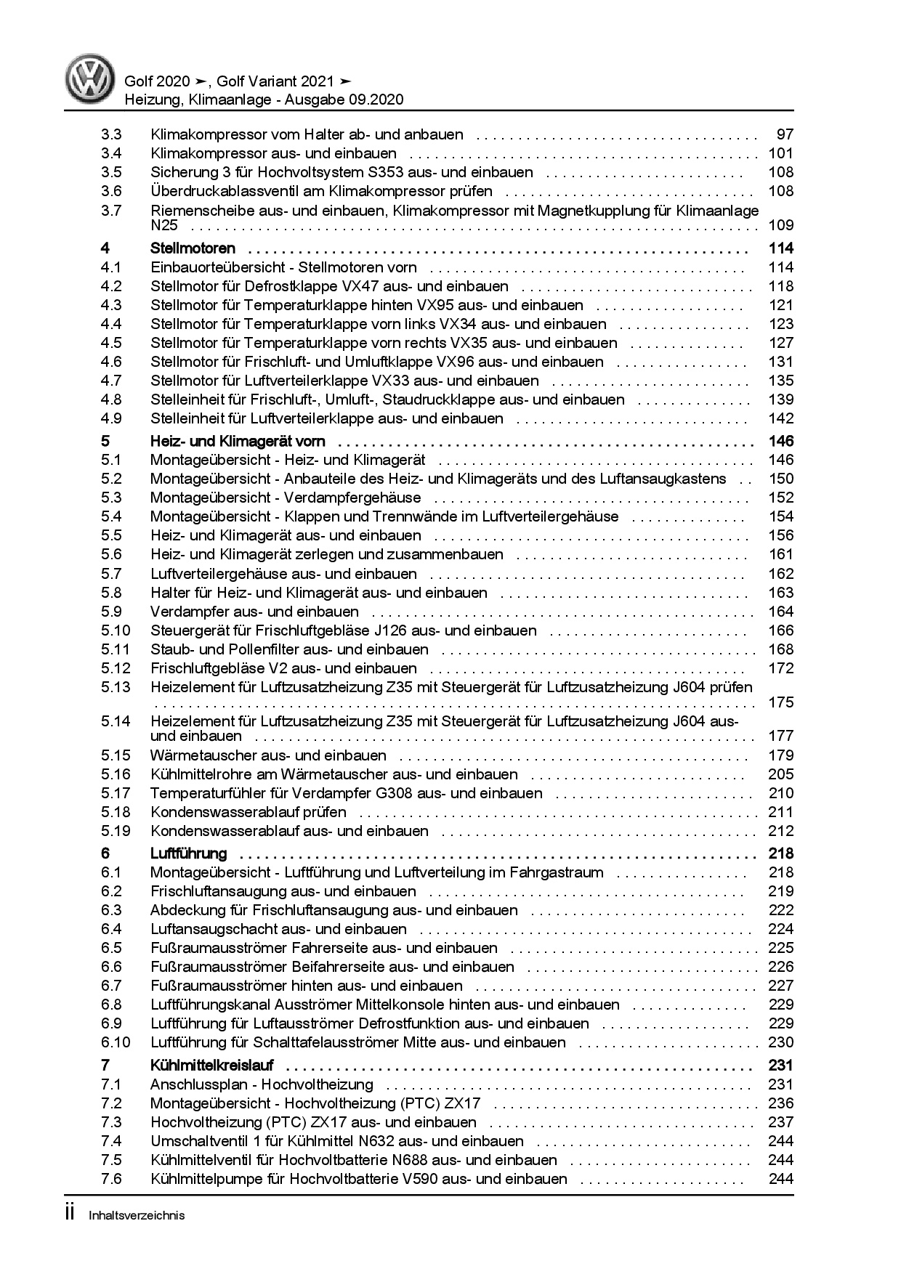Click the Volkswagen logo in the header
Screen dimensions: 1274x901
tap(91, 80)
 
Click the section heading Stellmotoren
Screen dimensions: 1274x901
tap(193, 248)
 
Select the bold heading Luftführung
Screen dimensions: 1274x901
tap(188, 853)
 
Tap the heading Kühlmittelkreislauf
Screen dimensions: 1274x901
tap(211, 1066)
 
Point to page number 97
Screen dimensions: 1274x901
tap(785, 134)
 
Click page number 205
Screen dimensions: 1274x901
tap(781, 774)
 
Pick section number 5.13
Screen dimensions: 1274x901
tap(116, 687)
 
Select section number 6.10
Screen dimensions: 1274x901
tap(116, 1042)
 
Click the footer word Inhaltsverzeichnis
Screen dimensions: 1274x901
tap(137, 1215)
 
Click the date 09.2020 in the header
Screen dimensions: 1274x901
tap(374, 100)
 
